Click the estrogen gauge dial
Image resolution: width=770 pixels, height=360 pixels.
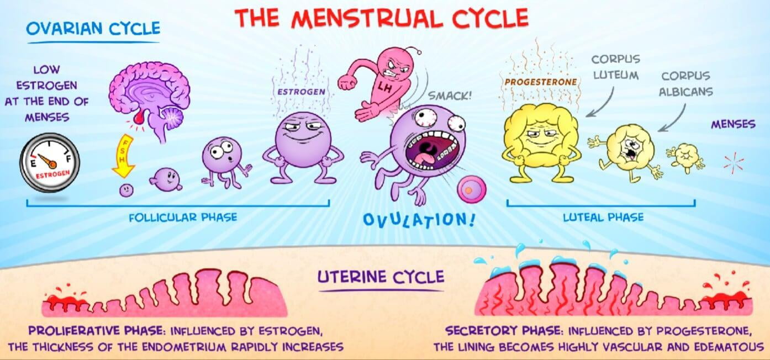click(x=50, y=162)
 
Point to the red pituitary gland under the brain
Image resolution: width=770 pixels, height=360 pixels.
click(x=139, y=118)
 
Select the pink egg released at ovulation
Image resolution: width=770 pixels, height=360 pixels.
click(x=472, y=189)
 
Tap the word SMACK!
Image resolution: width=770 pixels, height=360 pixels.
click(x=450, y=96)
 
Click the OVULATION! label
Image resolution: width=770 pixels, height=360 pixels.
click(x=419, y=220)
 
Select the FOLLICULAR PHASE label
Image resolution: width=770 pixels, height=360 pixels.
click(x=183, y=218)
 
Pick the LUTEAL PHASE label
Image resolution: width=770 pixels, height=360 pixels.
click(x=603, y=218)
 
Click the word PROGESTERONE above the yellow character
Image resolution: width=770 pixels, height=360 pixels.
click(x=541, y=82)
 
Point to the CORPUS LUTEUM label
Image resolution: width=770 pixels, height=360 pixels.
click(x=616, y=67)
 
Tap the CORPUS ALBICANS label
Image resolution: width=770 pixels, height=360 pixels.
click(x=686, y=84)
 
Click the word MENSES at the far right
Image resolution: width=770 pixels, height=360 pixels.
click(x=733, y=124)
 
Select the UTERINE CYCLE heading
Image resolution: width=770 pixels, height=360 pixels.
click(x=381, y=277)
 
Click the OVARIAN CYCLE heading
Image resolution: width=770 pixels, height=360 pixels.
click(x=93, y=28)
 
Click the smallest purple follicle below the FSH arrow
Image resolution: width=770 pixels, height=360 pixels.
click(x=126, y=190)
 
